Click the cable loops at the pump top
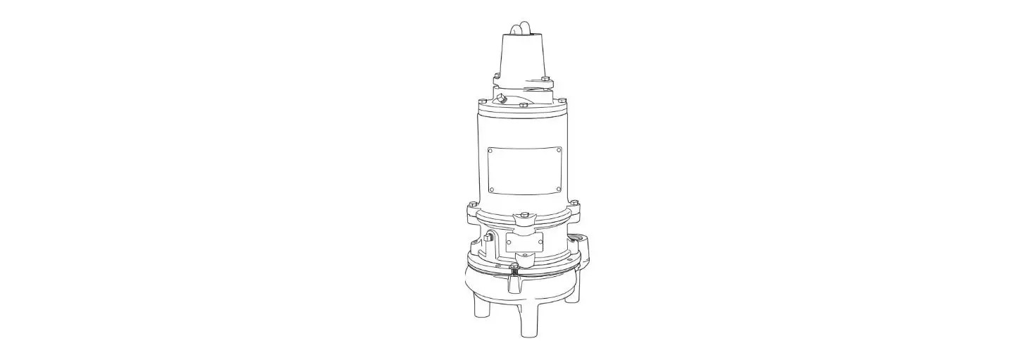pos(520,27)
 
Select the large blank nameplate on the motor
pos(525,170)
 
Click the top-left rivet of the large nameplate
pos(491,150)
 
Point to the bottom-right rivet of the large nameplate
pos(559,189)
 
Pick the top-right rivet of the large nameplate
pos(559,150)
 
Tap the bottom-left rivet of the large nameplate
pos(491,189)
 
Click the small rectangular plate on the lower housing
pos(525,242)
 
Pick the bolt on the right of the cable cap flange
pos(545,78)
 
